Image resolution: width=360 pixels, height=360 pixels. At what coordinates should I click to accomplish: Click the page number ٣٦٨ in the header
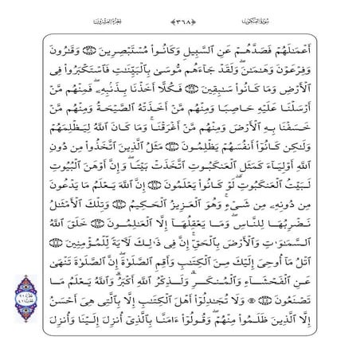pyautogui.click(x=180, y=17)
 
